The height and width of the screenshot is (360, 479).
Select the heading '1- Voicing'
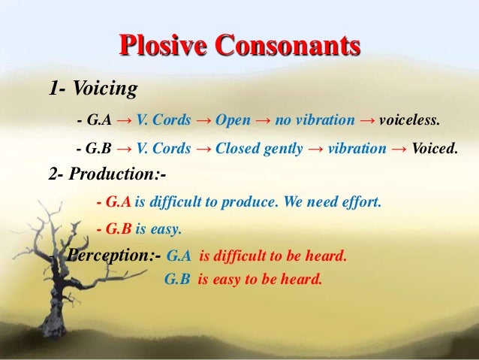pos(93,90)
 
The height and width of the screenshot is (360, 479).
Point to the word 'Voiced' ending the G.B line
pos(435,149)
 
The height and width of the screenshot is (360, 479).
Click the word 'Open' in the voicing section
pos(233,120)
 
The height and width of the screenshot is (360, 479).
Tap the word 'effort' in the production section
pos(360,202)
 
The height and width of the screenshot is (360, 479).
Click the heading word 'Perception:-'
pos(113,256)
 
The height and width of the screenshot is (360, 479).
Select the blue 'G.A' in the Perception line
pos(178,256)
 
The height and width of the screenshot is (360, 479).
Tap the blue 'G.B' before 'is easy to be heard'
pos(177,280)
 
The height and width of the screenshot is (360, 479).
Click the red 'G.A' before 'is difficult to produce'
pos(119,202)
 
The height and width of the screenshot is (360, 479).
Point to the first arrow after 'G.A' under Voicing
pos(126,120)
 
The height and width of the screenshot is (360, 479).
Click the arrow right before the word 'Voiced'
pos(400,149)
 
